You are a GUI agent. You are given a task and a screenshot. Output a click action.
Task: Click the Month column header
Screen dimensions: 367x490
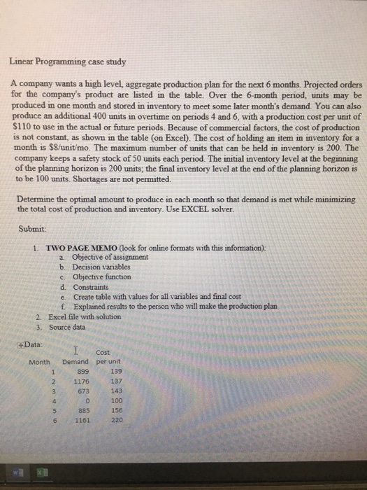pos(41,363)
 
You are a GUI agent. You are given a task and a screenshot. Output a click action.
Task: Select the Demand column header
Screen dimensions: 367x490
pos(75,363)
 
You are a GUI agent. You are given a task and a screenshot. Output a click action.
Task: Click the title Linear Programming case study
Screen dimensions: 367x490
pos(67,62)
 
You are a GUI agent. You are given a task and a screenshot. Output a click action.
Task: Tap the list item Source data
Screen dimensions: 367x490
pos(69,326)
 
